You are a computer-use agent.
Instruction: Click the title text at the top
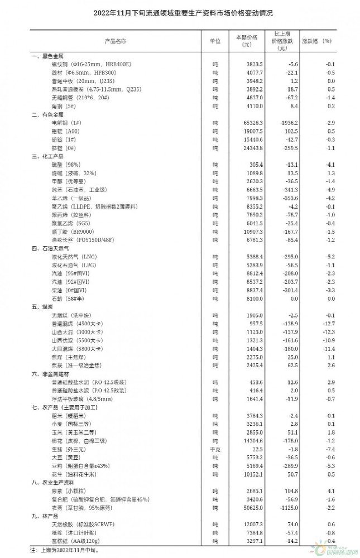point(180,12)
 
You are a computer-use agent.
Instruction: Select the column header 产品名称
point(115,41)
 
